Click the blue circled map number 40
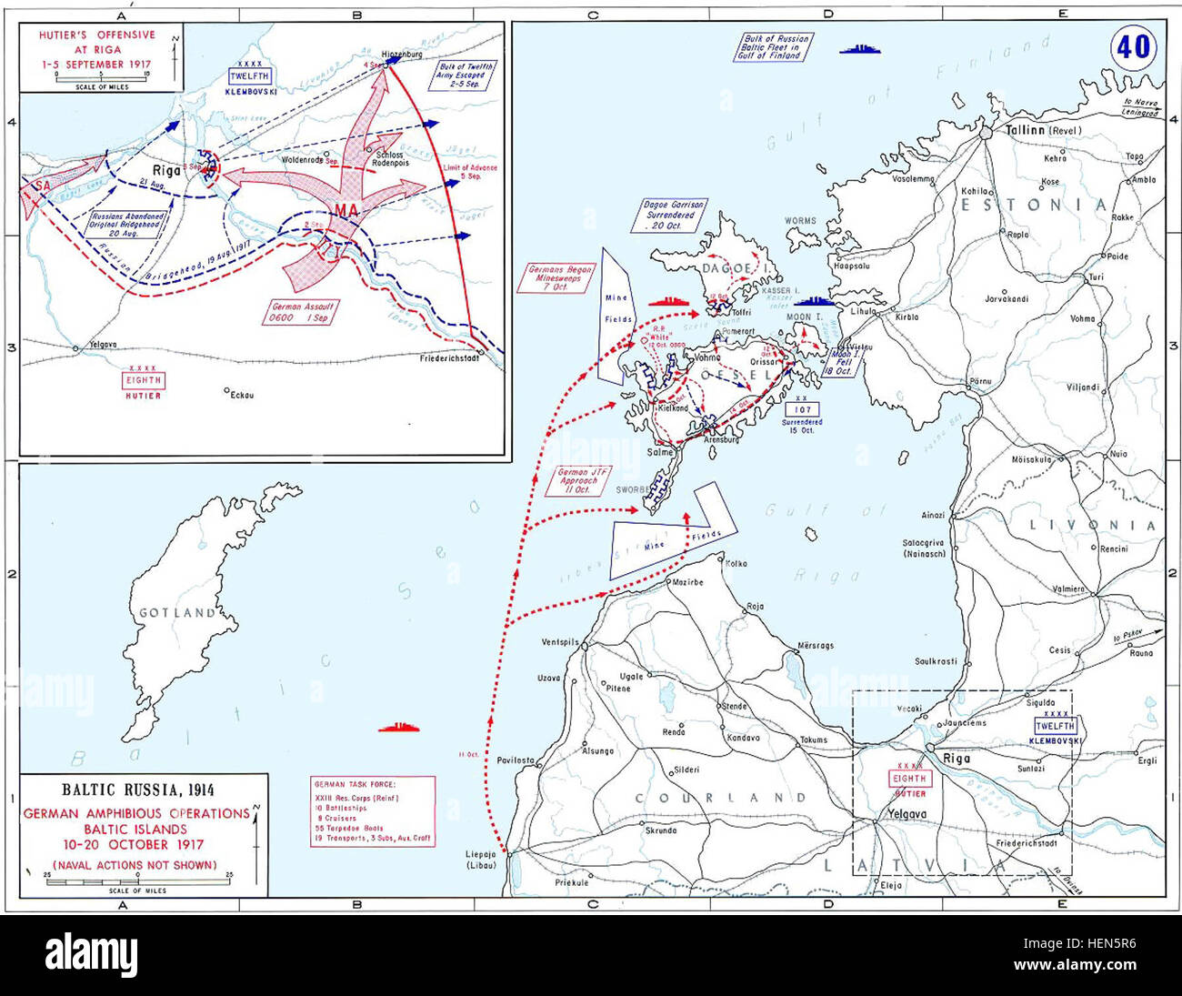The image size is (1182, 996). pos(1133,46)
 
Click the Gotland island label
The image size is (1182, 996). pos(177,613)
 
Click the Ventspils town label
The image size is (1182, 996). pos(560,642)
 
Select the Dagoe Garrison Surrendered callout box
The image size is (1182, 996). pos(675,216)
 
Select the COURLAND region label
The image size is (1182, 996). pos(721,798)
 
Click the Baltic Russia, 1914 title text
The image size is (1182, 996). pos(138,790)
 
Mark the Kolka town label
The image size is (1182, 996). pos(736,563)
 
